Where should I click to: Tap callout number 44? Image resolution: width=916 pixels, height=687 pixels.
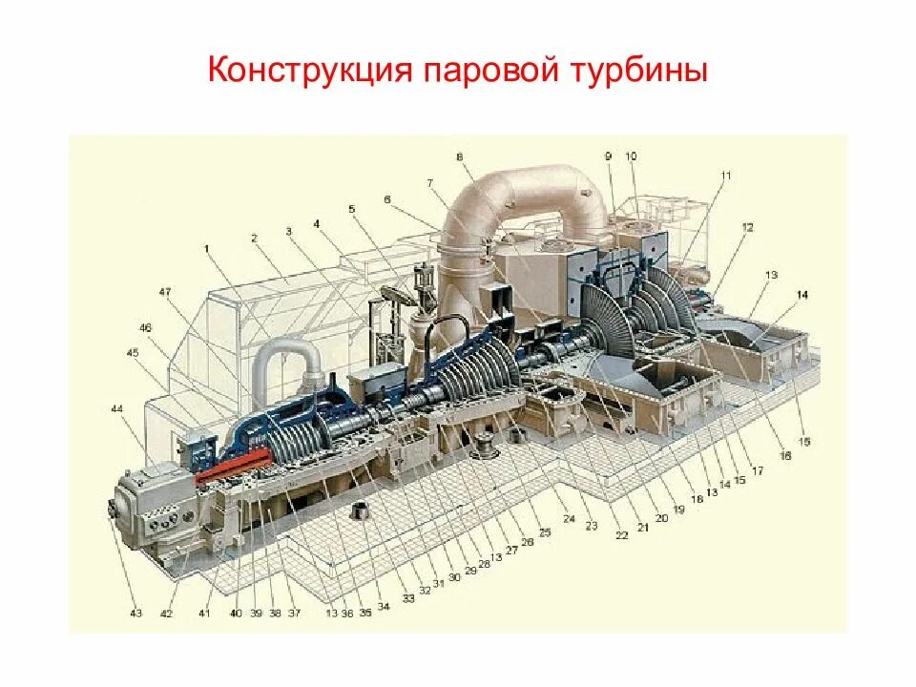(x=116, y=408)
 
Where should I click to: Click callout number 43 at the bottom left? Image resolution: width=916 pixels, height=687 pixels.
(x=136, y=614)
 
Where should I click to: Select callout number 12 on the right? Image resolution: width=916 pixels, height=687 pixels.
(x=747, y=227)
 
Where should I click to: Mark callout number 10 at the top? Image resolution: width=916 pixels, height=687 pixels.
(x=631, y=156)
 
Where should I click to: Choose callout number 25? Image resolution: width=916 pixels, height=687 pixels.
(x=545, y=532)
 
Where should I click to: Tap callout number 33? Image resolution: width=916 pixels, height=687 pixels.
(x=408, y=598)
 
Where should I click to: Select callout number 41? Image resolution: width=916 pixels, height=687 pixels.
(x=204, y=614)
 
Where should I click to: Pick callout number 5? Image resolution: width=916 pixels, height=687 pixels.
(x=351, y=208)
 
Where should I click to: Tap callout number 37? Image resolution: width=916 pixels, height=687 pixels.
(x=294, y=614)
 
